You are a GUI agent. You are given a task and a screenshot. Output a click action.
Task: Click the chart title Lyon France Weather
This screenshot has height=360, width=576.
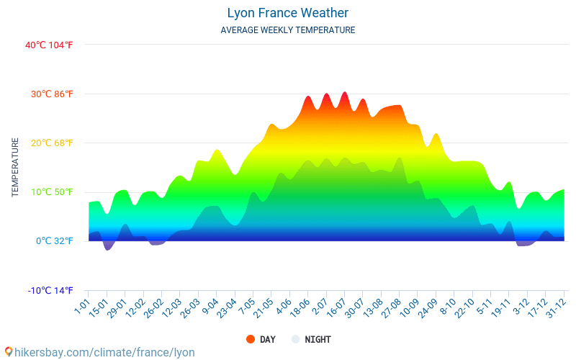(x=287, y=13)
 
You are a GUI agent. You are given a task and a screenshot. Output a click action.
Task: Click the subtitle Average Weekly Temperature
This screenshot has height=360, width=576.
(x=287, y=30)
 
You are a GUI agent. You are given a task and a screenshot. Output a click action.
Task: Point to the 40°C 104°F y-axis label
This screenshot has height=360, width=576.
(x=49, y=45)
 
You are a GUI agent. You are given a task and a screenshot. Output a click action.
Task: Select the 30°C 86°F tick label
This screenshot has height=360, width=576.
(x=52, y=94)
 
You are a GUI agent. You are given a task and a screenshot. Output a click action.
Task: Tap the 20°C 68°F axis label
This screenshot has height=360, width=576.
(x=52, y=143)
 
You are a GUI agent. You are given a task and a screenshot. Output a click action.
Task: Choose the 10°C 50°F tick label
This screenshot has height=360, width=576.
(x=52, y=192)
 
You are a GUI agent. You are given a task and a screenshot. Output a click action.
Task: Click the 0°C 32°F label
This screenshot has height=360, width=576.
(x=55, y=241)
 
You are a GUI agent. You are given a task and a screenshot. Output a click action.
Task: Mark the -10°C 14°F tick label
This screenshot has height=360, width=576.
(x=50, y=291)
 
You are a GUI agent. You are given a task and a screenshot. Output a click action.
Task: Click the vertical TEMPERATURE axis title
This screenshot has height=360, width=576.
(x=15, y=168)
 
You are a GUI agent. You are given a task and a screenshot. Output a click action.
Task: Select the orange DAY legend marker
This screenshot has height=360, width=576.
(x=251, y=339)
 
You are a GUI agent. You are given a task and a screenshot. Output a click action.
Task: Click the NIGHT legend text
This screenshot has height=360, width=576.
(x=318, y=339)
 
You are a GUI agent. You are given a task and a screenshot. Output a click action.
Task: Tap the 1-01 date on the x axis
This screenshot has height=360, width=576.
(x=81, y=307)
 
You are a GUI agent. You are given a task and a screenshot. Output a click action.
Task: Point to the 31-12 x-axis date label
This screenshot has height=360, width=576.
(x=555, y=309)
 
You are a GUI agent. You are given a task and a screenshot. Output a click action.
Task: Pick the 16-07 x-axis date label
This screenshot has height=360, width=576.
(x=336, y=309)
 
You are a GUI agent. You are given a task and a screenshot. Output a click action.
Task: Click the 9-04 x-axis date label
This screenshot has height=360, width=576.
(x=210, y=307)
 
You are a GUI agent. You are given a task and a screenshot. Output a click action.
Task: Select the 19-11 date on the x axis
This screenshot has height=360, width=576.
(x=500, y=309)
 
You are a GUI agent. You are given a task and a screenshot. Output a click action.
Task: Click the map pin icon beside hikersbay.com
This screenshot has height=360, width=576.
(x=9, y=352)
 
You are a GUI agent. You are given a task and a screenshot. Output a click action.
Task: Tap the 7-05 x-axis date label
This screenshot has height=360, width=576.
(x=246, y=307)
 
